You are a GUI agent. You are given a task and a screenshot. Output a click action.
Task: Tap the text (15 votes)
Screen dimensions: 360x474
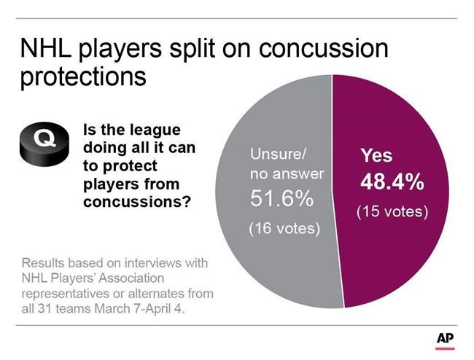coord(392,212)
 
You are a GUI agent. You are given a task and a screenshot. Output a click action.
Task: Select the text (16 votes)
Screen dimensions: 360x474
coord(284,229)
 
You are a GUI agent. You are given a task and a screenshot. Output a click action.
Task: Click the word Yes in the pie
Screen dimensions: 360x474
coord(377,155)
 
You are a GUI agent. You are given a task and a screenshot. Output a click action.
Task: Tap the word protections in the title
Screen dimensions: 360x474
coord(84,77)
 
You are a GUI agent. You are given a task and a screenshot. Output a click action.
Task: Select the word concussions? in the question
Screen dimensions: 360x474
coord(137,202)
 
